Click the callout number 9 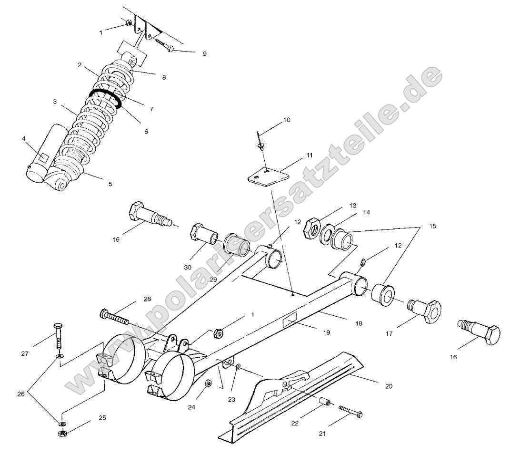(x=204, y=54)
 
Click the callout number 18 (x=358, y=323)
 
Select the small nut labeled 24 (x=208, y=383)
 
